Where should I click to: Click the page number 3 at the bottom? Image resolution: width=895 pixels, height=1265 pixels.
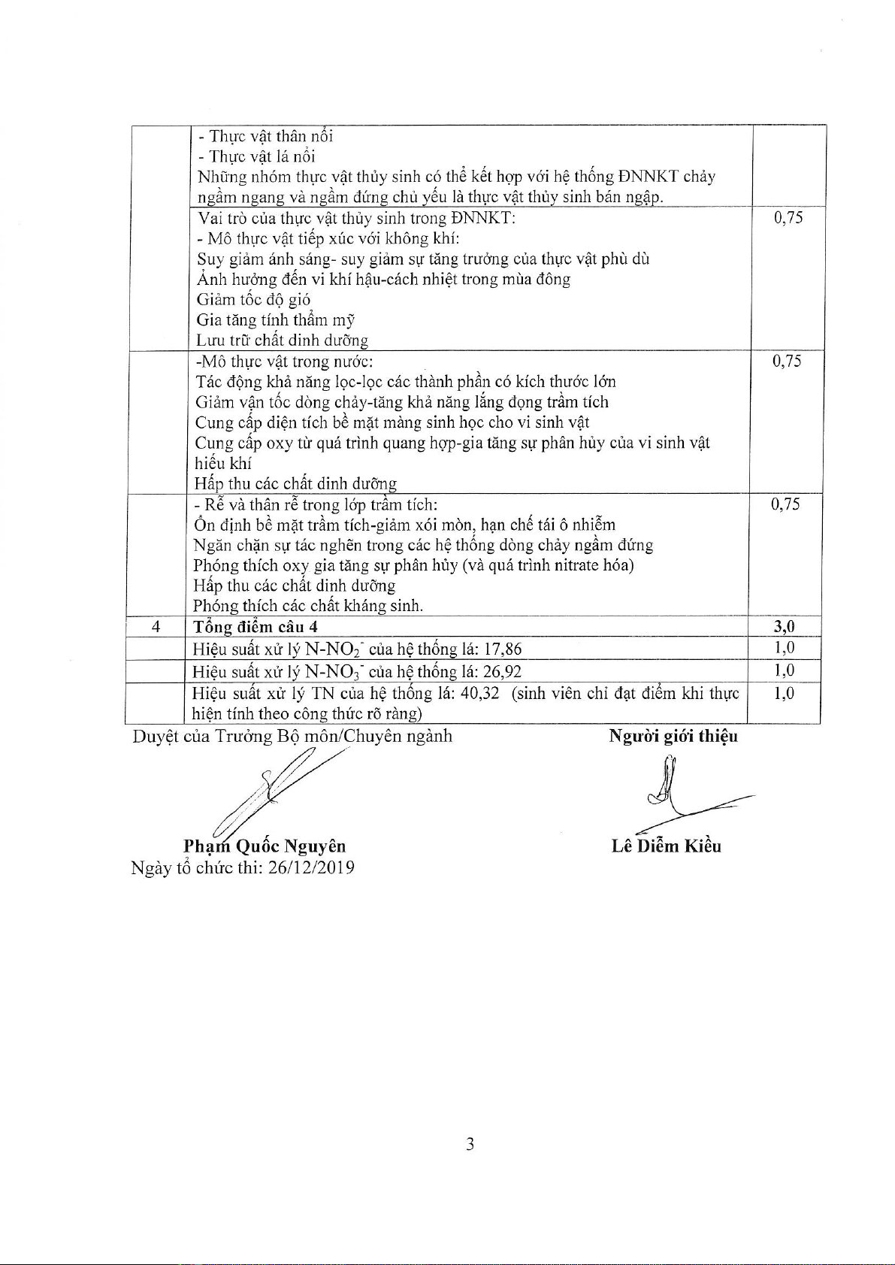pyautogui.click(x=470, y=1145)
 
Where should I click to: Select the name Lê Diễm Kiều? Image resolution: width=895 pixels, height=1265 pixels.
pyautogui.click(x=666, y=846)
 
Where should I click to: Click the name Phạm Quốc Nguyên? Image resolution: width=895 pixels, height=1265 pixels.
pyautogui.click(x=265, y=847)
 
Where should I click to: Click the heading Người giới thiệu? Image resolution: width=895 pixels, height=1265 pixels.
pyautogui.click(x=673, y=736)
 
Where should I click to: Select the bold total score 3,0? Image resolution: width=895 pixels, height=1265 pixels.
pyautogui.click(x=784, y=627)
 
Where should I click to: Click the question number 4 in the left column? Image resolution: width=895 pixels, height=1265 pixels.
pyautogui.click(x=156, y=627)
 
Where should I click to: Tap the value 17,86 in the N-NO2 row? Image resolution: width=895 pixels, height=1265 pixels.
pyautogui.click(x=503, y=649)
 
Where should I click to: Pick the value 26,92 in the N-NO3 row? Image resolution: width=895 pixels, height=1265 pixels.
pyautogui.click(x=503, y=672)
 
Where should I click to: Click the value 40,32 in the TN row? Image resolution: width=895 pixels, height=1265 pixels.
pyautogui.click(x=479, y=693)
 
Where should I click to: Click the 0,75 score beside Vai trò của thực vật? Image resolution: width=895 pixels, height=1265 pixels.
pyautogui.click(x=788, y=218)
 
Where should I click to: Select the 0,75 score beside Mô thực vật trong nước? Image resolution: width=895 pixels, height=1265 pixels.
pyautogui.click(x=787, y=362)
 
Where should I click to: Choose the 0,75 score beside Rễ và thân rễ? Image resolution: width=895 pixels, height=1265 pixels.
pyautogui.click(x=785, y=504)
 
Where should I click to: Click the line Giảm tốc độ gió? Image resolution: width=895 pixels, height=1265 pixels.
pyautogui.click(x=253, y=300)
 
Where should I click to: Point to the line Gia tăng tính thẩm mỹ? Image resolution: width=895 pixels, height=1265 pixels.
pyautogui.click(x=275, y=320)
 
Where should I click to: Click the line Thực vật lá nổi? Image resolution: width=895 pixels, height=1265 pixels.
pyautogui.click(x=256, y=156)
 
